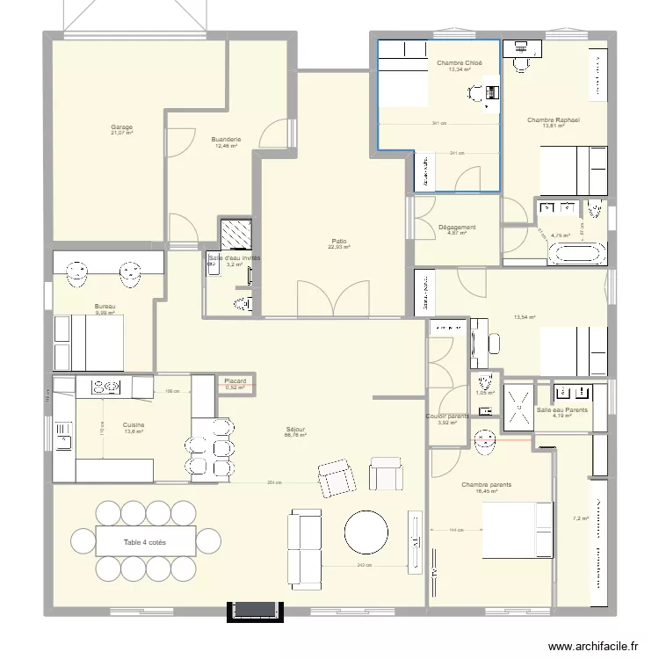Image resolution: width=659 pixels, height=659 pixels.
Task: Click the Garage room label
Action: [x=121, y=127]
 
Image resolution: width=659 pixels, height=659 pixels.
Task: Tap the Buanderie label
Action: [x=226, y=140]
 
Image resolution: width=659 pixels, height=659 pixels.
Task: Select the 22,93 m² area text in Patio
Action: [x=339, y=247]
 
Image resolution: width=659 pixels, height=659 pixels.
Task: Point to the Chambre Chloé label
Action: [x=460, y=62]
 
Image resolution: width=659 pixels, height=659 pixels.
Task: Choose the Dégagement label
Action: [x=457, y=227]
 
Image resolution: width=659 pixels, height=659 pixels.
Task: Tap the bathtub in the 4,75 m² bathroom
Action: [x=576, y=255]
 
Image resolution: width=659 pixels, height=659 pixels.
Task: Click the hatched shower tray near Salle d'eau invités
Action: [x=235, y=234]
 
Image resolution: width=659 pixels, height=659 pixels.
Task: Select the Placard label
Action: [x=235, y=380]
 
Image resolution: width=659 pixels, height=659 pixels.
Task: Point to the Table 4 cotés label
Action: [x=144, y=543]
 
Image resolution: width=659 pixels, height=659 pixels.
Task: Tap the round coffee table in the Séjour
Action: [x=366, y=532]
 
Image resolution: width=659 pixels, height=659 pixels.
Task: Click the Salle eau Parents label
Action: [x=562, y=409]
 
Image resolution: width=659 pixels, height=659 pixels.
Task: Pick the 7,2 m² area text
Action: [x=581, y=518]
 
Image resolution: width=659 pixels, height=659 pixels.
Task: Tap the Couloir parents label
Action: [x=447, y=416]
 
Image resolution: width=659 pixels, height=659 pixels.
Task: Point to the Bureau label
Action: [x=105, y=307]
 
